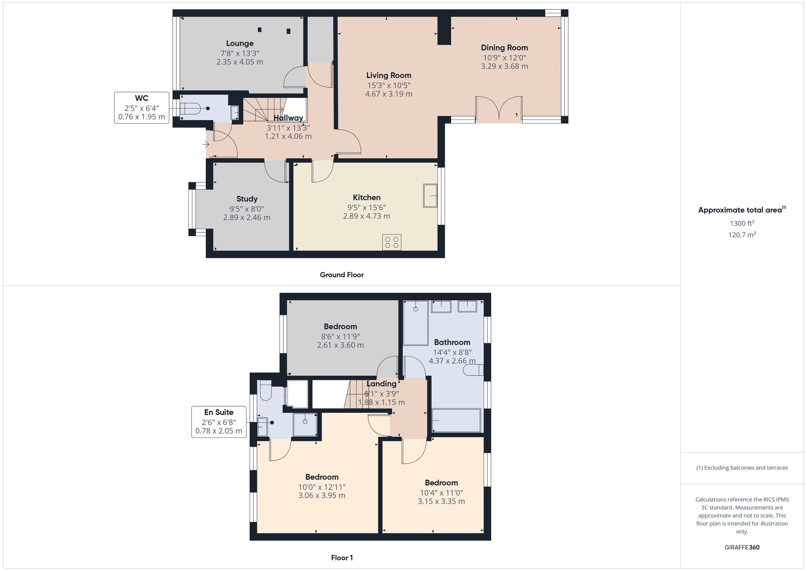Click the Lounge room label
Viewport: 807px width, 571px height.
tap(240, 44)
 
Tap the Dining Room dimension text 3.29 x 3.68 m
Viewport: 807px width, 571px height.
tap(504, 66)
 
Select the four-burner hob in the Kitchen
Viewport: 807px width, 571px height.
tap(391, 242)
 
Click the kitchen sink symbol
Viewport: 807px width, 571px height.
tap(430, 196)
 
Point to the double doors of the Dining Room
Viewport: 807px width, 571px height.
tap(499, 108)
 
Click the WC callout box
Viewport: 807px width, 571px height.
tap(142, 108)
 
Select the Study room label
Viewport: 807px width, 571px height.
tap(247, 199)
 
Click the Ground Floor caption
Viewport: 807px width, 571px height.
tap(342, 275)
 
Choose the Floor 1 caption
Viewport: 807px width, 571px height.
tap(342, 558)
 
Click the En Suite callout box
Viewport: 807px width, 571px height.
tap(219, 422)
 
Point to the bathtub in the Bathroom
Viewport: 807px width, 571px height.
tap(456, 420)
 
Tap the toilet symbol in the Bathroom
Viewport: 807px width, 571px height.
tap(473, 370)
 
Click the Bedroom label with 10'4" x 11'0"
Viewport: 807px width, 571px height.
tap(441, 483)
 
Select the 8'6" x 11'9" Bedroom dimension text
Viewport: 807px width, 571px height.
tap(340, 337)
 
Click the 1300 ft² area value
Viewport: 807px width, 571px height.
tap(742, 223)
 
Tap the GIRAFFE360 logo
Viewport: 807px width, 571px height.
tap(742, 548)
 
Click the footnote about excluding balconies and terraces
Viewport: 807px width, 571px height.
tap(742, 468)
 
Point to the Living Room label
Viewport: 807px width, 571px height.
tap(389, 75)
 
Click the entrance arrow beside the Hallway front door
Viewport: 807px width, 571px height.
tap(206, 144)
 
